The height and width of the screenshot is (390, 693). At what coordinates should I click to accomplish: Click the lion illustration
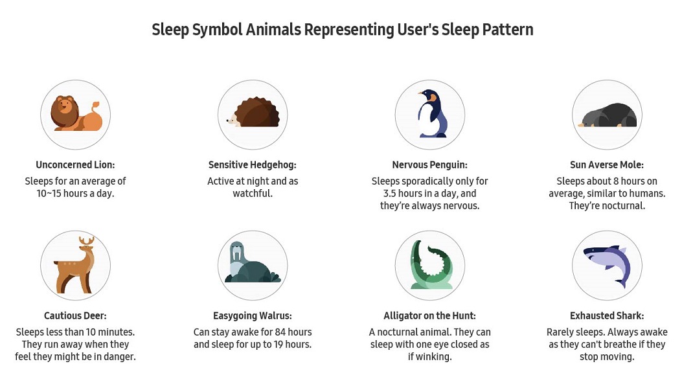76,114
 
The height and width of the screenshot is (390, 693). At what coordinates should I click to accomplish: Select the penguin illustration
432,113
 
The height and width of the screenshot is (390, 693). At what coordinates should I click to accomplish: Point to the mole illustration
608,115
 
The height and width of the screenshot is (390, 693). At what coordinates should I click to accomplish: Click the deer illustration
76,266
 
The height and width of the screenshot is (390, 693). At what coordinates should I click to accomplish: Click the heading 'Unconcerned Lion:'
75,165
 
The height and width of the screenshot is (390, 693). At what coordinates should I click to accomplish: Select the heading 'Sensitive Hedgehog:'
253,165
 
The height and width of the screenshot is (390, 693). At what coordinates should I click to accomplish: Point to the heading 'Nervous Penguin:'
429,165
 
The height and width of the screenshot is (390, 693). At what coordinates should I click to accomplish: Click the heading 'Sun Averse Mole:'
607,165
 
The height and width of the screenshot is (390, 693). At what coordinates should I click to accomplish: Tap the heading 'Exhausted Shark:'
607,315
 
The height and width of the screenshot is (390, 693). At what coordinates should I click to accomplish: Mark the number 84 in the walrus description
280,332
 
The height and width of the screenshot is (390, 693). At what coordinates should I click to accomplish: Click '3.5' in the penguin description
389,194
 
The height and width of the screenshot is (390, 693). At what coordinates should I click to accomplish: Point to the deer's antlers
87,241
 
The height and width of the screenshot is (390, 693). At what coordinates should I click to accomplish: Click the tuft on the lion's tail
95,105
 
